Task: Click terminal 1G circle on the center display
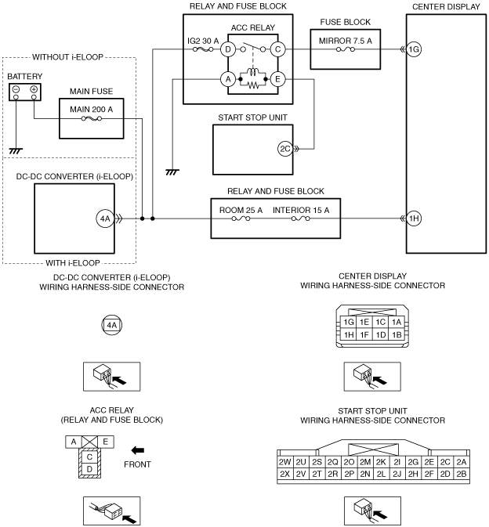(414, 49)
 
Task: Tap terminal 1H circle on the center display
(414, 218)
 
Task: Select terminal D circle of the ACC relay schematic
(228, 49)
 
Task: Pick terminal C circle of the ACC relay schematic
(277, 49)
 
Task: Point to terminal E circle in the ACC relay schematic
(277, 79)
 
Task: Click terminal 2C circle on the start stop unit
(285, 149)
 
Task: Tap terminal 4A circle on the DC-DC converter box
(105, 218)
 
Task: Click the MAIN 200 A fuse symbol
(92, 118)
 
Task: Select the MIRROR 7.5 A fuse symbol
(346, 49)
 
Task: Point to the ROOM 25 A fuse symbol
(241, 218)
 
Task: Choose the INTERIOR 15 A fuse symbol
(301, 218)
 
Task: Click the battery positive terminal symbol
(34, 89)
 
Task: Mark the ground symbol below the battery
(16, 151)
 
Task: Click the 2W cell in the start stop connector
(284, 462)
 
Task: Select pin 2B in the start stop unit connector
(462, 474)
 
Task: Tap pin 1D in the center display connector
(380, 334)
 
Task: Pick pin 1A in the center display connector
(397, 323)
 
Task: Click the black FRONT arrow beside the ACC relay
(138, 450)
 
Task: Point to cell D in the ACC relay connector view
(89, 469)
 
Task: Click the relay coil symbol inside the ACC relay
(253, 72)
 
